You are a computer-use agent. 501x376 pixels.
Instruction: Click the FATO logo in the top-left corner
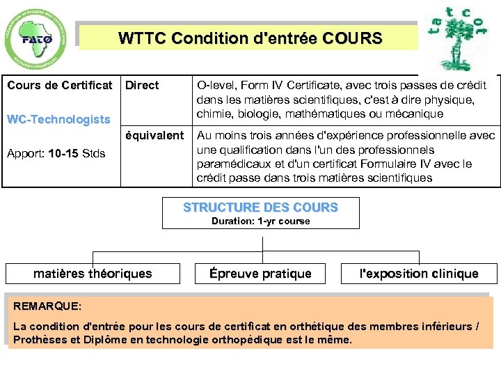point(37,39)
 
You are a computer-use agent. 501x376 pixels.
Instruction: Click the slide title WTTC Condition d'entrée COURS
point(250,38)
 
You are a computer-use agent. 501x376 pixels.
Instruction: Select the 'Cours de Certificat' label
point(59,86)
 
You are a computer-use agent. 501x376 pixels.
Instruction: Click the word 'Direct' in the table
point(142,86)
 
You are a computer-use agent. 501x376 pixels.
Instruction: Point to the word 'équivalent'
point(154,135)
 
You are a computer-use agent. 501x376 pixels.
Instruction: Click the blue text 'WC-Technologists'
point(58,119)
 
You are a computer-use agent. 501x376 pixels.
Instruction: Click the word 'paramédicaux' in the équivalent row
point(233,164)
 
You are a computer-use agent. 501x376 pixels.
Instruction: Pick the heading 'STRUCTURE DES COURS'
point(260,207)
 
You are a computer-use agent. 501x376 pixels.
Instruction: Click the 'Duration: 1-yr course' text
point(260,221)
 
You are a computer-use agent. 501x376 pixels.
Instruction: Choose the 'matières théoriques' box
point(93,274)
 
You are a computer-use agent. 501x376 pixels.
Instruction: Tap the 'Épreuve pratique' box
point(260,274)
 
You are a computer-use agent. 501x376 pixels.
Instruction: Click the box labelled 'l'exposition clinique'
point(418,274)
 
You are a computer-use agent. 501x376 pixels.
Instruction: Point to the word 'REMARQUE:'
point(47,306)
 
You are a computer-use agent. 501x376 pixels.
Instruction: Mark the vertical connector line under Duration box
point(262,240)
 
